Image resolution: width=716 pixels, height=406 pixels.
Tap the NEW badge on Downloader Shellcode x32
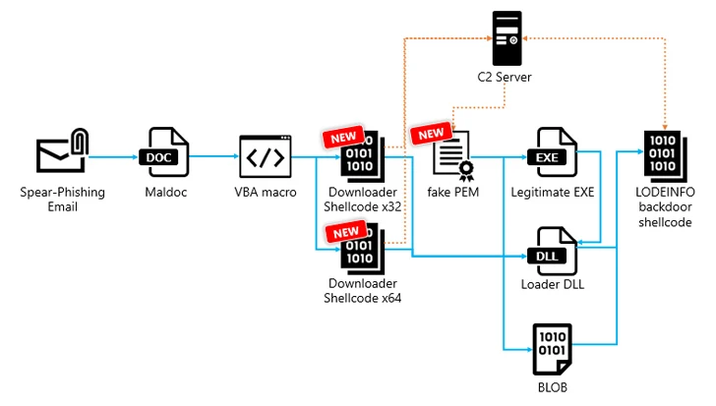341,138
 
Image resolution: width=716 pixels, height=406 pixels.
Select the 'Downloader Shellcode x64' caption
364,290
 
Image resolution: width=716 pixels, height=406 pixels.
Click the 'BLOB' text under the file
551,387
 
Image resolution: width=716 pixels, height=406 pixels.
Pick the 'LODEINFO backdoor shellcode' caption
664,207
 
